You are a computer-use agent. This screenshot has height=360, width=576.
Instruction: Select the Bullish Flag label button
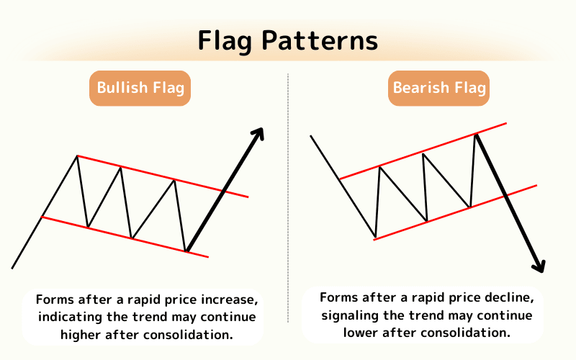(140, 89)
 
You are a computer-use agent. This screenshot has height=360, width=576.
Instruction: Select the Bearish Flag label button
(439, 89)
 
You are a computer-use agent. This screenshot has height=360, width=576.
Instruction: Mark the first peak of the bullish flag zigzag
(76, 156)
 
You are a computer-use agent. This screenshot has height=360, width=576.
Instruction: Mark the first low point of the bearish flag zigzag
(375, 236)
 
